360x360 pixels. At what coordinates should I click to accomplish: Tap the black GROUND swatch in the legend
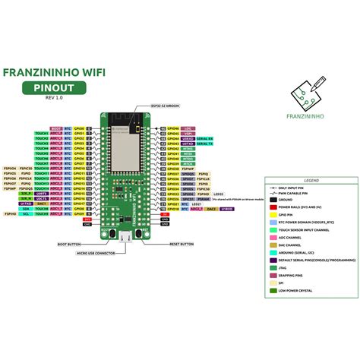[273, 199]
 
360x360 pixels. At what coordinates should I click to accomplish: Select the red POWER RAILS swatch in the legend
[273, 207]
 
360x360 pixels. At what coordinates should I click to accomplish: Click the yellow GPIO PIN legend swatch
[273, 214]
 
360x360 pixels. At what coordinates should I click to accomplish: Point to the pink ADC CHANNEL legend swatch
[273, 237]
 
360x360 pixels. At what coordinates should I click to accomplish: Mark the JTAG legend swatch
[273, 267]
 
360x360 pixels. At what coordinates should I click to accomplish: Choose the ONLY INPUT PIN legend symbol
[273, 187]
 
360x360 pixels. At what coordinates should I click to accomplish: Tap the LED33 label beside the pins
[197, 193]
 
